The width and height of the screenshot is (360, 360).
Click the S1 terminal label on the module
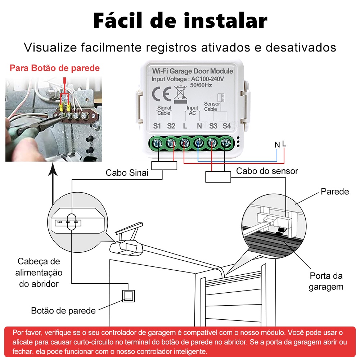[x=157, y=126]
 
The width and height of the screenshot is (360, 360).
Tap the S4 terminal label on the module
[x=226, y=126]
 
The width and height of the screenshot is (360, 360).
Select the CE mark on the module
[x=161, y=94]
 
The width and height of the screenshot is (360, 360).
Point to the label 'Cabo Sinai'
[x=127, y=173]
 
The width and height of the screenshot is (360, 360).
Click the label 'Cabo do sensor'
[x=267, y=171]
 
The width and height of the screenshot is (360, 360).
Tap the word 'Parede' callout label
[x=335, y=192]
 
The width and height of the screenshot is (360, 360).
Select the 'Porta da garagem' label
[x=326, y=281]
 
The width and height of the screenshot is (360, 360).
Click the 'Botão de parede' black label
[x=63, y=310]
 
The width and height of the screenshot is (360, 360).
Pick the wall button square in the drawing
[x=129, y=296]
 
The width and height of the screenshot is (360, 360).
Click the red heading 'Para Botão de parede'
[x=55, y=68]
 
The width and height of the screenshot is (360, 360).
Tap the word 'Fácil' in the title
[x=118, y=20]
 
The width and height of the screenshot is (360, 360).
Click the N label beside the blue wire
[x=277, y=145]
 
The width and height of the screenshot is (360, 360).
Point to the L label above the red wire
[x=284, y=144]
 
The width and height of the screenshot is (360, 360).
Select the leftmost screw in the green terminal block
[x=158, y=144]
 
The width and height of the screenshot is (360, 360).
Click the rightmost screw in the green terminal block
[x=226, y=143]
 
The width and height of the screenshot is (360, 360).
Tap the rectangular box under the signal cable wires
[x=164, y=165]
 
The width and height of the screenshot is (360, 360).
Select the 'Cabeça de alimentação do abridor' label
[x=39, y=273]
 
